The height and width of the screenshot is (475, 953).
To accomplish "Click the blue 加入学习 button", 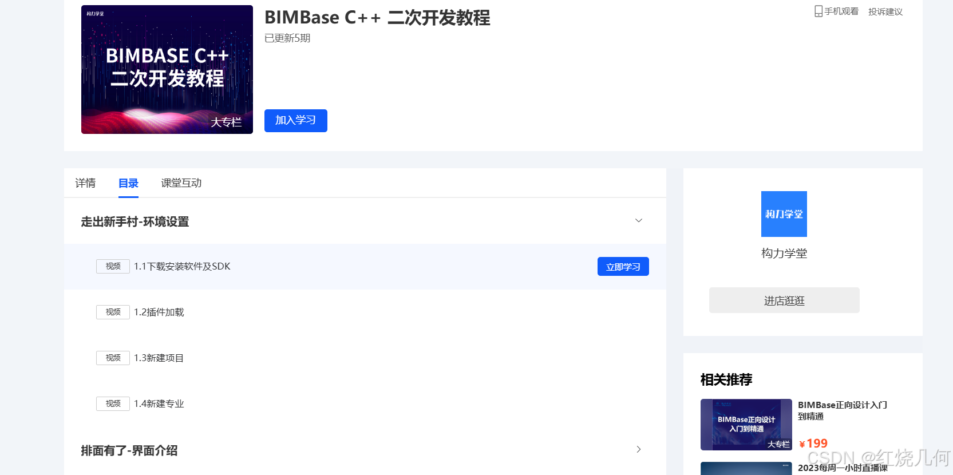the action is point(295,121).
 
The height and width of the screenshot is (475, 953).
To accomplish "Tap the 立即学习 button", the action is point(623,267).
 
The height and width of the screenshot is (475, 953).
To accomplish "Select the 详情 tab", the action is point(85,183).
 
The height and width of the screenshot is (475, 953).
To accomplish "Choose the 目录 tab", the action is point(128,183).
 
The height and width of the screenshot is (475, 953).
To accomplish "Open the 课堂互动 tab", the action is point(181,183).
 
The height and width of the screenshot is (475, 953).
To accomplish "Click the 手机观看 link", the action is point(836,11).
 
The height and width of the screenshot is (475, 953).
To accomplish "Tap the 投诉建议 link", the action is point(885,11).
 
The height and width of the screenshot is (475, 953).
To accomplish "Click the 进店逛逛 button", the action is point(784,300).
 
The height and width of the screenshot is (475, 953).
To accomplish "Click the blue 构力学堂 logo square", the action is point(784,214).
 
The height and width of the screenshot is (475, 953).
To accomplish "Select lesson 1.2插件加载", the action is point(159,312).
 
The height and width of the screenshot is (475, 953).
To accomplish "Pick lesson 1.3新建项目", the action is point(159,358).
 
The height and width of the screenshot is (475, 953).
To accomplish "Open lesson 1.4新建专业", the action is point(159,404).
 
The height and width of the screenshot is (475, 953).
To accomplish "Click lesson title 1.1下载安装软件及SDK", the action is point(182,267).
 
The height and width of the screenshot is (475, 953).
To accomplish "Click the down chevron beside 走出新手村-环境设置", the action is point(639,221).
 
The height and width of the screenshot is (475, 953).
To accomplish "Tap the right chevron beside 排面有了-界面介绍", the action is point(639,450).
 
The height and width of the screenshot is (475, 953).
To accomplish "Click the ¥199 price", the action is point(813,444).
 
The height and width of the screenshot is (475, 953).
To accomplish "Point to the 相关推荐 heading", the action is point(726,379).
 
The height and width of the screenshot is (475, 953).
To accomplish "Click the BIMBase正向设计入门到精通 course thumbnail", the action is point(746,425).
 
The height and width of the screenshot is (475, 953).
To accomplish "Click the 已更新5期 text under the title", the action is point(287,38).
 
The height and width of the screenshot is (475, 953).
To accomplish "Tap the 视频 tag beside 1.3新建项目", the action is point(113,358).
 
